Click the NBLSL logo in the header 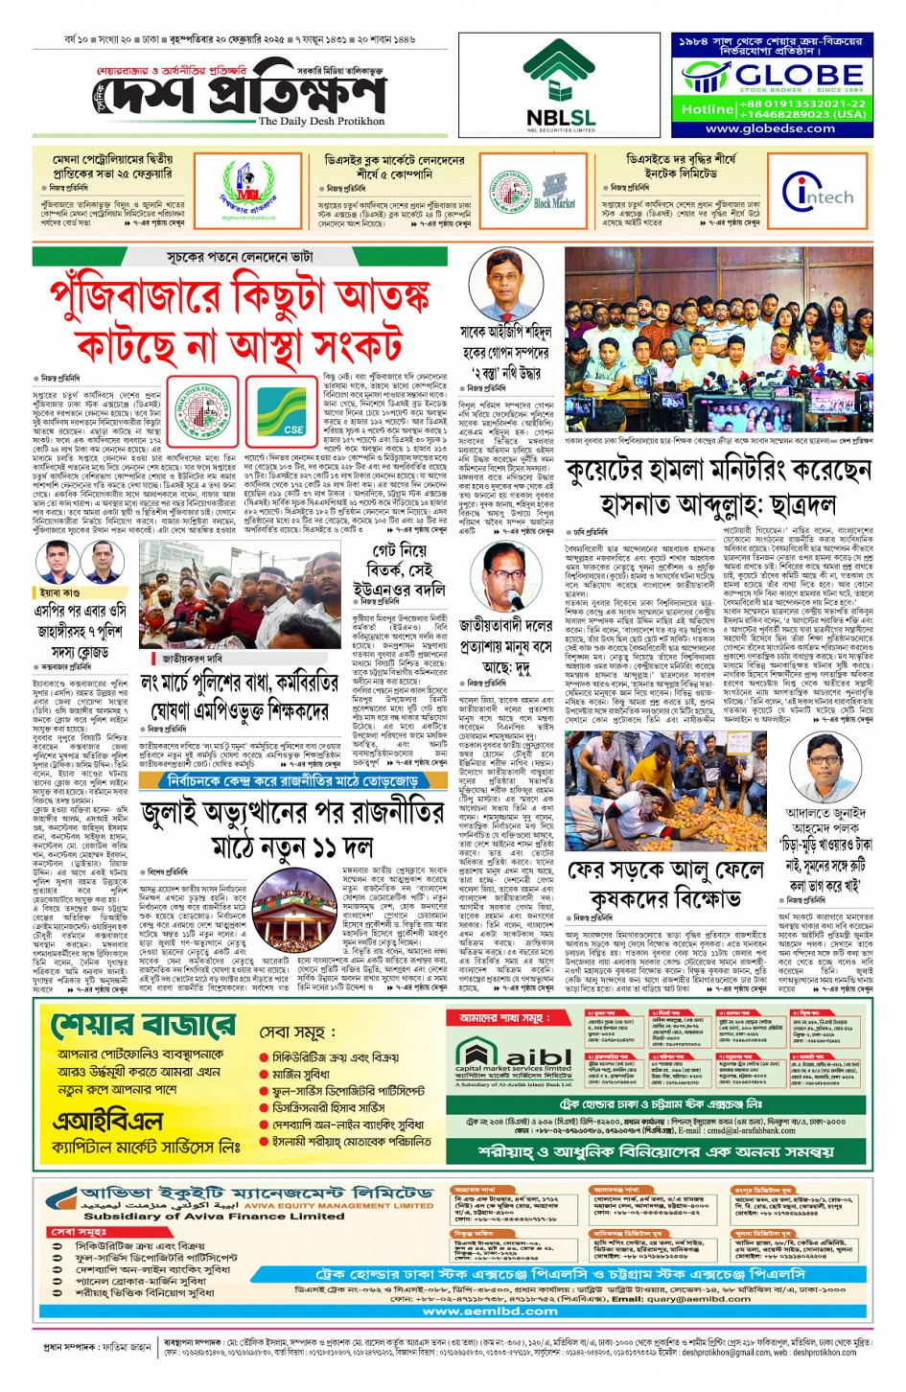click(x=560, y=85)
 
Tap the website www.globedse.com click(x=770, y=128)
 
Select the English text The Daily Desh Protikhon click(x=321, y=122)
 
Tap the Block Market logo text click(x=554, y=203)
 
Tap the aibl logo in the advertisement click(x=513, y=1056)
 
